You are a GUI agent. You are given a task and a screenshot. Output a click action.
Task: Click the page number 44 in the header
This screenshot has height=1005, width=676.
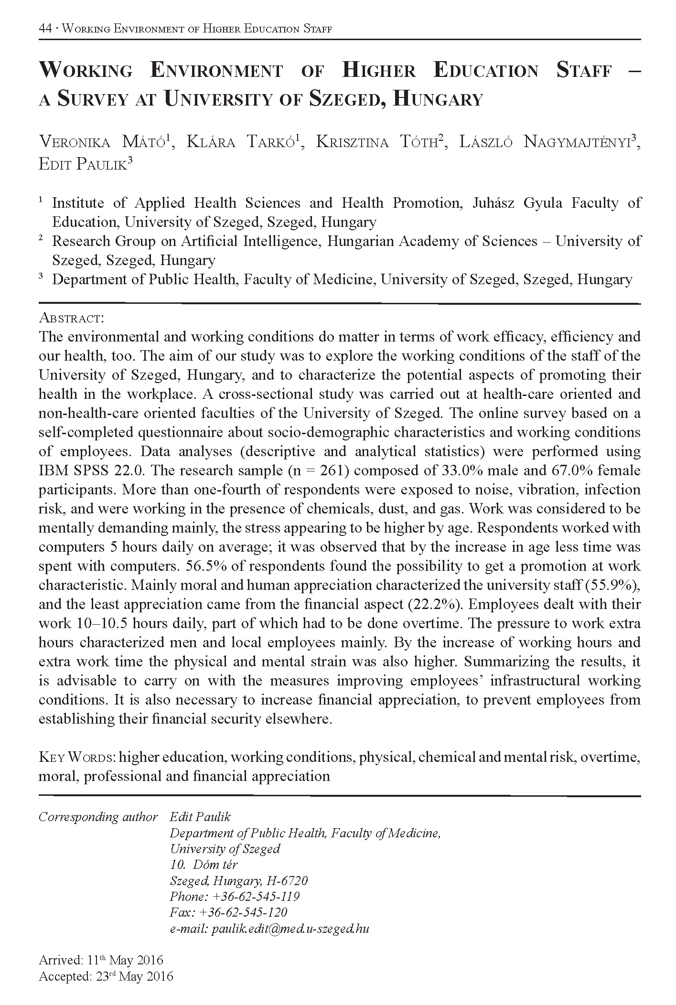(x=45, y=29)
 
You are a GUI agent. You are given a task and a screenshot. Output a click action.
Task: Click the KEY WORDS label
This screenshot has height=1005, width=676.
(x=76, y=757)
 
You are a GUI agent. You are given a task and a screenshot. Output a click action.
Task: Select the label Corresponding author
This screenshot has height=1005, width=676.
(x=98, y=817)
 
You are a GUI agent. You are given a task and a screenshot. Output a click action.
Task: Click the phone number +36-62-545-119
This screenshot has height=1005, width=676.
(x=254, y=896)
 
